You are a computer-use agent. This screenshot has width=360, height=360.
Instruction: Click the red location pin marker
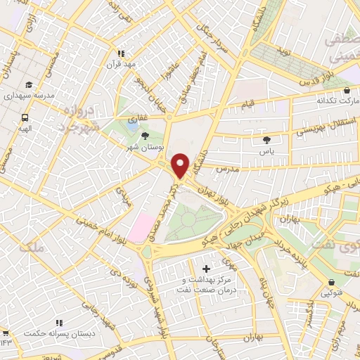coord(180,166)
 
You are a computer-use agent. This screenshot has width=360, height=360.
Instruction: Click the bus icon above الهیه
coord(25,118)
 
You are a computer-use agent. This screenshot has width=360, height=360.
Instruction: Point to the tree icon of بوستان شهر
coord(146,136)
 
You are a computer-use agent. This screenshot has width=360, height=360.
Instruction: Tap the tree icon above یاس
coord(266,141)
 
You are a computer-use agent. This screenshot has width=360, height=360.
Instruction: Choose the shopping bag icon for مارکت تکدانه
coord(347,91)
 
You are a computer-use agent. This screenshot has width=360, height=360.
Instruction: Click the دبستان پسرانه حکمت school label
coord(56,330)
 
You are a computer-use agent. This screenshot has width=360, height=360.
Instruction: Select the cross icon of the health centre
coord(206,269)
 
